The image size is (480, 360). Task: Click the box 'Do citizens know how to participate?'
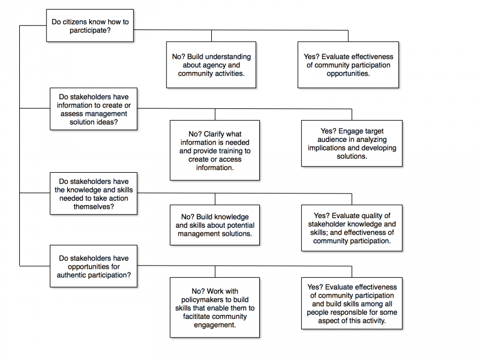[90, 26]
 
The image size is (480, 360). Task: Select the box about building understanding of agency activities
[211, 65]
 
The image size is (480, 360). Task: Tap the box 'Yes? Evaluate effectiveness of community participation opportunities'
[348, 65]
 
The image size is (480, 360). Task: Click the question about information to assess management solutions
[93, 109]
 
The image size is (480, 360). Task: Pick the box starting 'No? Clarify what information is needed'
[214, 150]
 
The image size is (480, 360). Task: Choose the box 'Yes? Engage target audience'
[351, 143]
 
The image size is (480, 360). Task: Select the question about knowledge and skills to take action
[93, 194]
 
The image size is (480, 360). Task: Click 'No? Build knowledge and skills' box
[214, 225]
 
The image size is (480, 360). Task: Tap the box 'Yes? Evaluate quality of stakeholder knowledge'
[351, 228]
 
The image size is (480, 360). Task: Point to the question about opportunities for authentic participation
[93, 267]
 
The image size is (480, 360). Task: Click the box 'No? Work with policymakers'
[214, 307]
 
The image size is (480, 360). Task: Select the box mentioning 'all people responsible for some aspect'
[351, 303]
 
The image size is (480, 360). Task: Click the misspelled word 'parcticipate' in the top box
[89, 30]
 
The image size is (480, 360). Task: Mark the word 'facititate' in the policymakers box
[199, 316]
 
